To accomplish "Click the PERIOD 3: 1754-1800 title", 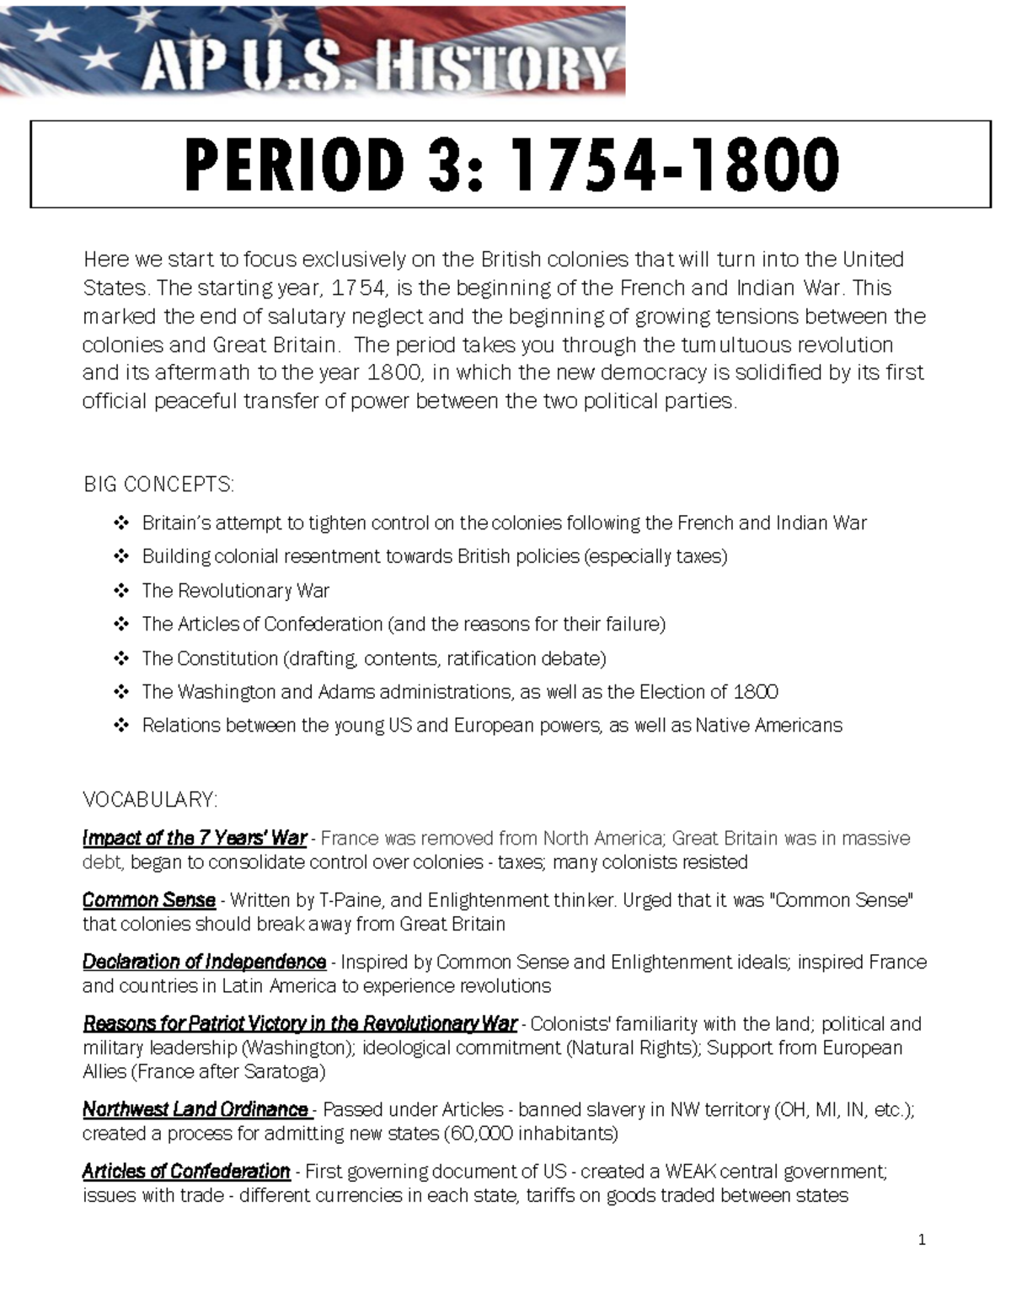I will [511, 164].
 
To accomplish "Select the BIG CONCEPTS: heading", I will [158, 485].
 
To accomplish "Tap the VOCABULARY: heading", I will [150, 799].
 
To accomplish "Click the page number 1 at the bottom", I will [922, 1240].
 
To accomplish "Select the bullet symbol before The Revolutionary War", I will [121, 591].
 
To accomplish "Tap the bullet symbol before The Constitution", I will [121, 658].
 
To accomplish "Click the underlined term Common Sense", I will [149, 900].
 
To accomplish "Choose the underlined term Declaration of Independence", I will [204, 962].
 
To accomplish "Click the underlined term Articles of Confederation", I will [186, 1172].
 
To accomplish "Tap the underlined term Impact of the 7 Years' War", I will [195, 839].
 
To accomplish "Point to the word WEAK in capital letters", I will [690, 1172].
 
